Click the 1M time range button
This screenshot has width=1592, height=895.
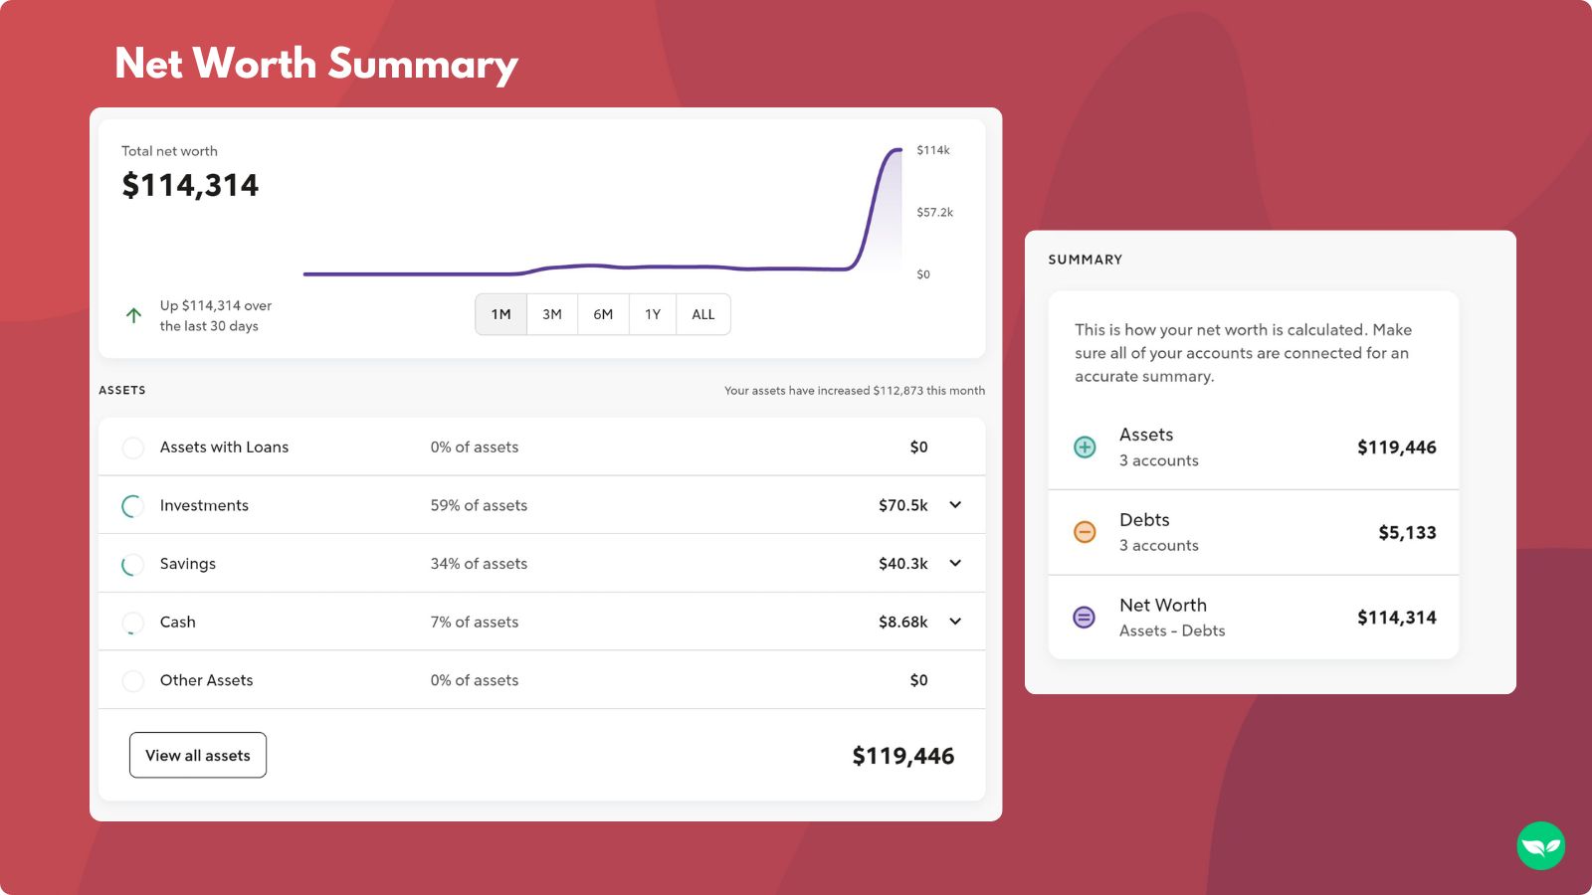click(500, 314)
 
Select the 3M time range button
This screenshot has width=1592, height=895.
click(552, 314)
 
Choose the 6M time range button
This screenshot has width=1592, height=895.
click(603, 314)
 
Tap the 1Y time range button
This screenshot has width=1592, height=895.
click(653, 314)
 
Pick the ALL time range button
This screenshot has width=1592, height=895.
click(703, 314)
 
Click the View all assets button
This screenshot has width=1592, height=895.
click(198, 756)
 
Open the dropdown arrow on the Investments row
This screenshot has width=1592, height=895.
click(955, 505)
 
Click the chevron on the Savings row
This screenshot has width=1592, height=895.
click(955, 564)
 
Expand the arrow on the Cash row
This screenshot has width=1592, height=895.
click(955, 622)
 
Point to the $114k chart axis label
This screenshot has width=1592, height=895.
click(933, 150)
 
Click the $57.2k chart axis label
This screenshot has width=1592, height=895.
click(934, 212)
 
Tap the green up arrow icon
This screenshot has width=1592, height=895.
click(133, 315)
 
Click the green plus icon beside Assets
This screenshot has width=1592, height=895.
click(1085, 447)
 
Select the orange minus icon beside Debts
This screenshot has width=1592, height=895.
click(1085, 532)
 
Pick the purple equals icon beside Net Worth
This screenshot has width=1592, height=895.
click(1085, 618)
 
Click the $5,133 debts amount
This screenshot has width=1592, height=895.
click(1407, 533)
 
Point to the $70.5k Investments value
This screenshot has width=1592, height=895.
click(902, 505)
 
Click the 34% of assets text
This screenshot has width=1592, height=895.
click(479, 564)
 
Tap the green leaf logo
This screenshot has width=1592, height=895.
click(1540, 846)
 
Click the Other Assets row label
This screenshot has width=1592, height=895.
click(206, 680)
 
